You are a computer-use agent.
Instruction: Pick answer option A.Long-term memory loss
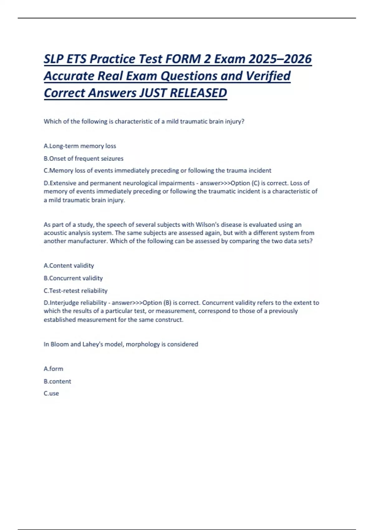coord(80,146)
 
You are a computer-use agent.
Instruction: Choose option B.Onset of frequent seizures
coord(84,158)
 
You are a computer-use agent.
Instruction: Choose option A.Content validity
coord(69,266)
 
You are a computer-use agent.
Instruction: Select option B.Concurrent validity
coord(73,278)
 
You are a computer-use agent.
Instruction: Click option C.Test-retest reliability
coord(76,291)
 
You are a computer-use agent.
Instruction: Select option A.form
coord(54,369)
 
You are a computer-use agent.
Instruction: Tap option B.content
coord(57,381)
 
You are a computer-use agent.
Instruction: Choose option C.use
coord(51,393)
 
